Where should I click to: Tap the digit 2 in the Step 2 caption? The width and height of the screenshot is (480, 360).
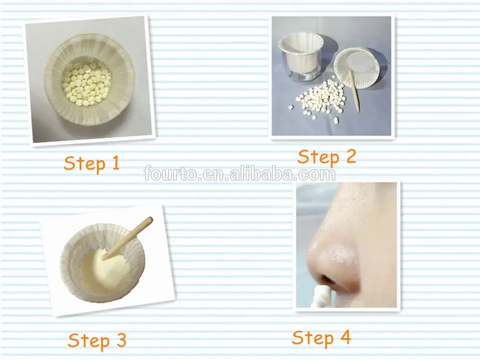349,156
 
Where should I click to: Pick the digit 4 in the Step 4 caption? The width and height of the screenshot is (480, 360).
344,337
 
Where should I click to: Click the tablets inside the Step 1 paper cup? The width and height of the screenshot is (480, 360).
86,84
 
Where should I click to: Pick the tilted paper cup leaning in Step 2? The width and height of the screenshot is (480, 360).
355,65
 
